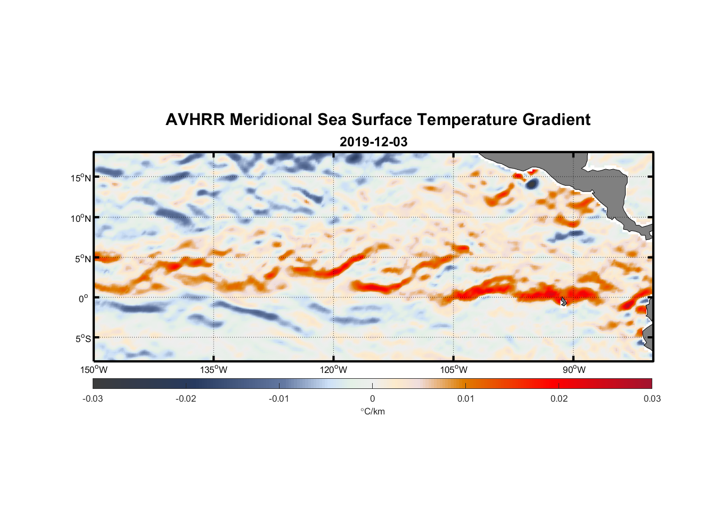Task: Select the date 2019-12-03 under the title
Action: [x=373, y=142]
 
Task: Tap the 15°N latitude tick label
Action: [x=81, y=178]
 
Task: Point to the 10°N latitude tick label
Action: [x=81, y=218]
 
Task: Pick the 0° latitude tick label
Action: [x=84, y=298]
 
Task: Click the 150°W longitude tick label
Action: [x=94, y=370]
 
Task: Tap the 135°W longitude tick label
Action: [x=214, y=370]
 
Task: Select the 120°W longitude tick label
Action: [x=334, y=370]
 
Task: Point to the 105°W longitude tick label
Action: [x=454, y=370]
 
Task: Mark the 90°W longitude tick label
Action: [x=573, y=370]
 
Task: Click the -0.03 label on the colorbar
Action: [x=93, y=398]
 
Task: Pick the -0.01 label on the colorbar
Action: [x=279, y=398]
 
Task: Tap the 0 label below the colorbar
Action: [x=372, y=398]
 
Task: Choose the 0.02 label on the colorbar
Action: [x=559, y=398]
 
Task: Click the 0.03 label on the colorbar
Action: [x=652, y=398]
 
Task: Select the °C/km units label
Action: [x=372, y=411]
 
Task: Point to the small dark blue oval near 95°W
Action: [x=532, y=184]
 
